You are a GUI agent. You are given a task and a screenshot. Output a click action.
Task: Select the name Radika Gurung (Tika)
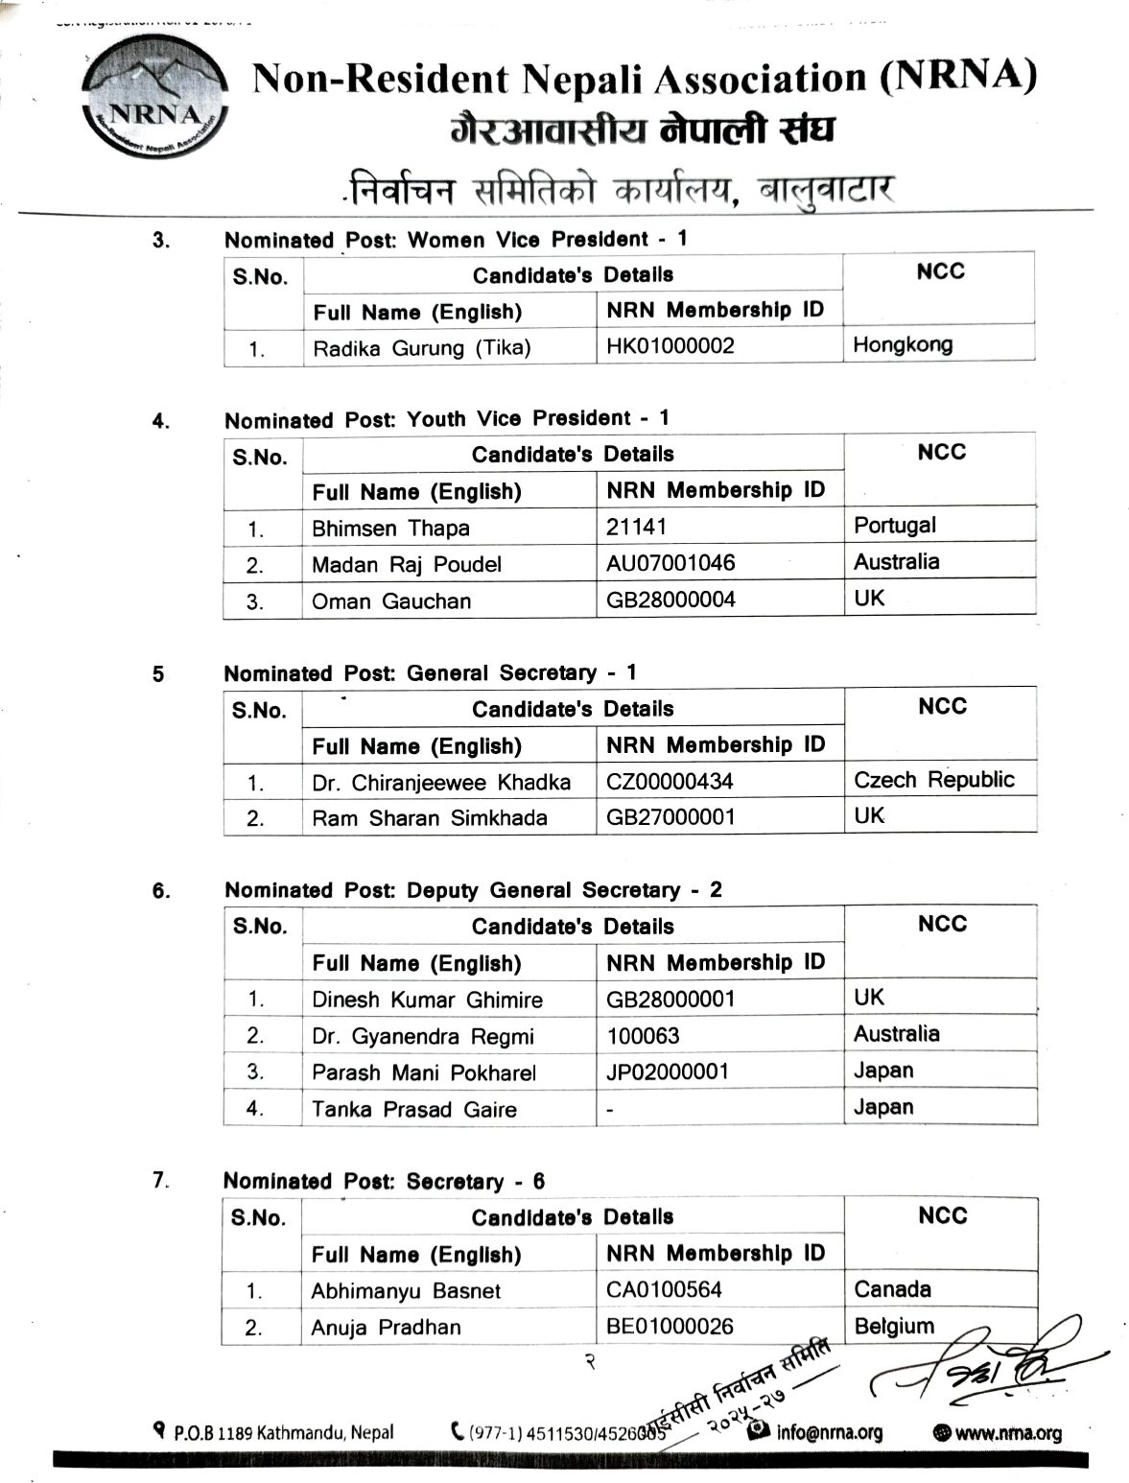421,348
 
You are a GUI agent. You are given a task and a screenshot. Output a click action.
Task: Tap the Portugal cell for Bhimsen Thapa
894,526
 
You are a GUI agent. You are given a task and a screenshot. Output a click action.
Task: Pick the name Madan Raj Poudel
406,565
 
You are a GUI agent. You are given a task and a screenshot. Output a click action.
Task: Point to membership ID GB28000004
670,600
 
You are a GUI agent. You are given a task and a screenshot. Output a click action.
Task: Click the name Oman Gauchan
391,601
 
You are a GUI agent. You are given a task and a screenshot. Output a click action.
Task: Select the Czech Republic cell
933,780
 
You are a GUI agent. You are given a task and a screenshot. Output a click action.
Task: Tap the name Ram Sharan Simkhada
429,818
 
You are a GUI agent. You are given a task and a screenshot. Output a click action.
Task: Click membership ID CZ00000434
670,782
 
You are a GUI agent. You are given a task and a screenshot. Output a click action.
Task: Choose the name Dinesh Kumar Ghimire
427,1000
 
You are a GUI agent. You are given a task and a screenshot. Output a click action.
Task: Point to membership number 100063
643,1036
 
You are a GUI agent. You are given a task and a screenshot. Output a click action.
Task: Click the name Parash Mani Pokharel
423,1072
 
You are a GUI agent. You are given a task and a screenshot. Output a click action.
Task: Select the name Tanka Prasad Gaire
413,1110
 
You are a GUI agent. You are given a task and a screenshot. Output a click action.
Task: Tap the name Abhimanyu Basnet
405,1291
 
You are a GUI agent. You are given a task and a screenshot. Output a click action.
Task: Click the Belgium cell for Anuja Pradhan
893,1327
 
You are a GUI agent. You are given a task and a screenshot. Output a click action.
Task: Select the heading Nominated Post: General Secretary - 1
430,673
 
